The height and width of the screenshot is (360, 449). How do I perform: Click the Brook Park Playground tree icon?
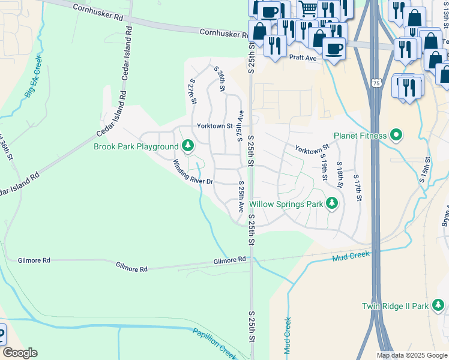coord(188,146)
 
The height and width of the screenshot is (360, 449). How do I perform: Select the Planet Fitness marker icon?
coord(396,136)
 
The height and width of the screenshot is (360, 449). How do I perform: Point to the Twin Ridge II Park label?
coord(395,306)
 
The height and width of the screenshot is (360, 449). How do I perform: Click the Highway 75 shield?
coord(375,82)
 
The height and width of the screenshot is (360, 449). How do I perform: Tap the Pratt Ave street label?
coord(302,58)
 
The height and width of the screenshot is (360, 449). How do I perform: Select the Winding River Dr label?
coord(193,172)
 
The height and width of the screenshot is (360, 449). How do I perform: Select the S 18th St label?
coord(339,175)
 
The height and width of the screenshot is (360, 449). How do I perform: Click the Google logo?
coord(20,353)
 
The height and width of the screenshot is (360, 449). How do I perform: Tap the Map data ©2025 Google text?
coord(412,355)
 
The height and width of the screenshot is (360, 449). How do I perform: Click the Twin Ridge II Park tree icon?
coord(439,306)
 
